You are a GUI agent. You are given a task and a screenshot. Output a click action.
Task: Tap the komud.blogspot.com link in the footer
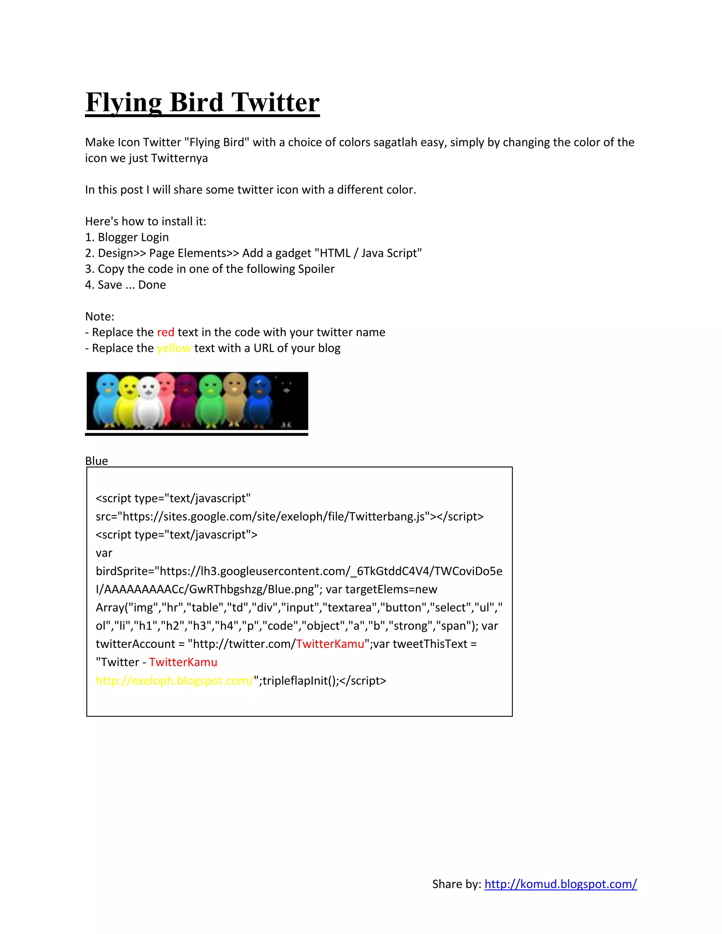(560, 884)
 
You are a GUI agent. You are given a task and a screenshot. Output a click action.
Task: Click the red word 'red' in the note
(166, 332)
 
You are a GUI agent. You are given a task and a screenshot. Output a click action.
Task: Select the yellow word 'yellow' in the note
(174, 348)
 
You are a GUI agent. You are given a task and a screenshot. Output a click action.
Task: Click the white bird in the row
(148, 404)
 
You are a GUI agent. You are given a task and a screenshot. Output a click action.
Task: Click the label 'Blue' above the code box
(97, 461)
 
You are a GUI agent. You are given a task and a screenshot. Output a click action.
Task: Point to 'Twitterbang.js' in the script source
(387, 517)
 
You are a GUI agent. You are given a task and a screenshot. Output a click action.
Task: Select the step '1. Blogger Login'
(127, 237)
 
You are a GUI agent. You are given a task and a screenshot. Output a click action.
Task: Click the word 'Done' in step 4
(152, 285)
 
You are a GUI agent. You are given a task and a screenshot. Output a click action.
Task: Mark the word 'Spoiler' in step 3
(316, 269)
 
